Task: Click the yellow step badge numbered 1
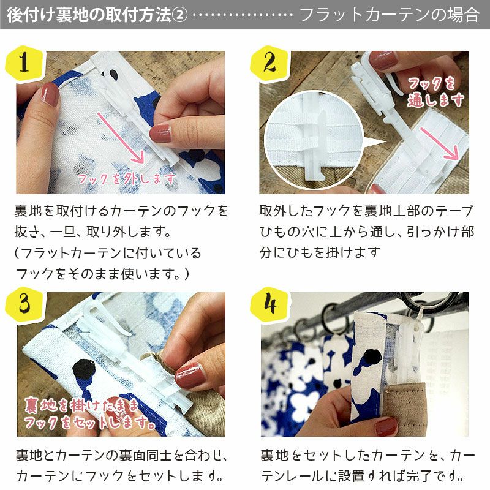coord(24,63)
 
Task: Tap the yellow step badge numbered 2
coord(269,63)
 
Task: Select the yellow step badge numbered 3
coord(24,304)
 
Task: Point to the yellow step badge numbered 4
coord(269,304)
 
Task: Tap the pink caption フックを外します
coord(126,179)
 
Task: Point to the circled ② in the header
coord(179,15)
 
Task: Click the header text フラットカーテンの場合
coord(389,15)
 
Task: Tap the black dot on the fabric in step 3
coord(84,369)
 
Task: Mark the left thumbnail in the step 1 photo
coord(50,95)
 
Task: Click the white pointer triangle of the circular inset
coord(374,143)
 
